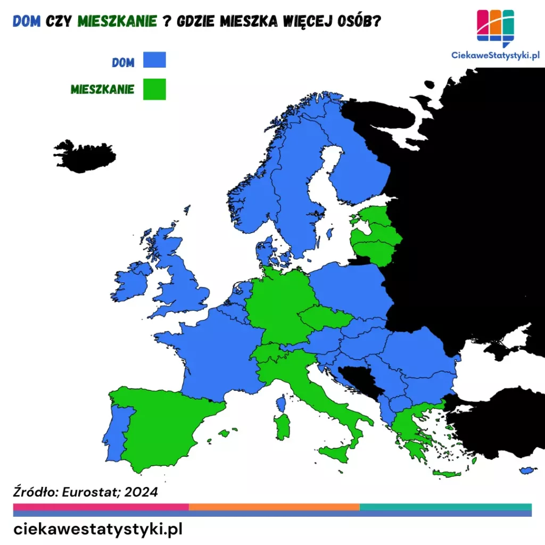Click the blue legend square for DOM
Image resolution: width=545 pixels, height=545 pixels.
coord(154,60)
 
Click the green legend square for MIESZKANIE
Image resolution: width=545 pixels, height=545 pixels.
coord(154,89)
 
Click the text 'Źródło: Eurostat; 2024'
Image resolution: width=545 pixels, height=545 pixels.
coord(85,492)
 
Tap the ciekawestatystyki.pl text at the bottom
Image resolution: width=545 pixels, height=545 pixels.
coord(98,529)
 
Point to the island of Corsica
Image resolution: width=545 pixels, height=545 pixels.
coord(281,403)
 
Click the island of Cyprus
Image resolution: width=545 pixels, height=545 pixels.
coord(527,470)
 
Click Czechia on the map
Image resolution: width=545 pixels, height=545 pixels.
coord(325,318)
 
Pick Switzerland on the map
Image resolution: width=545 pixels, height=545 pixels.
coord(268,352)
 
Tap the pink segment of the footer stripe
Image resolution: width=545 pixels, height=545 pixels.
coord(101,507)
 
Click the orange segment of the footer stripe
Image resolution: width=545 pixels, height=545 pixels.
coord(274,507)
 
